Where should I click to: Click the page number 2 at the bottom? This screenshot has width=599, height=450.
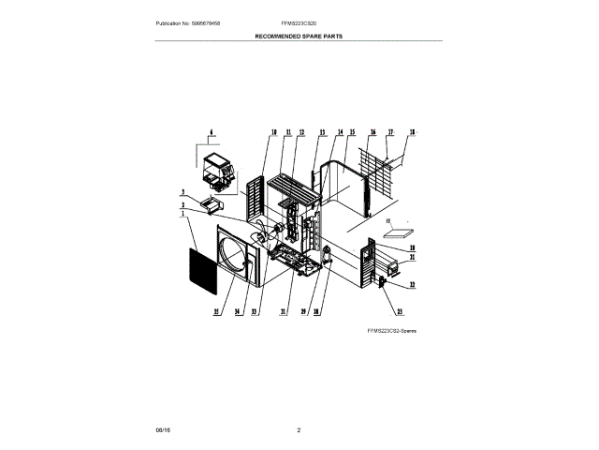coord(299,429)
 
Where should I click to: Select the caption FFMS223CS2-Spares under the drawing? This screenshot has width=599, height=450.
coord(391,332)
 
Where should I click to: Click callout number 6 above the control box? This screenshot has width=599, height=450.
coord(212,132)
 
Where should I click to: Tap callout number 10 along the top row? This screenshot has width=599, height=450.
coord(273,132)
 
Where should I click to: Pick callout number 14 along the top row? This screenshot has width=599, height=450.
coord(340,132)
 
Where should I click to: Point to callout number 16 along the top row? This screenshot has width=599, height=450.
coord(373,132)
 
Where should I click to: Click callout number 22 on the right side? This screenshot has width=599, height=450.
coord(412,284)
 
